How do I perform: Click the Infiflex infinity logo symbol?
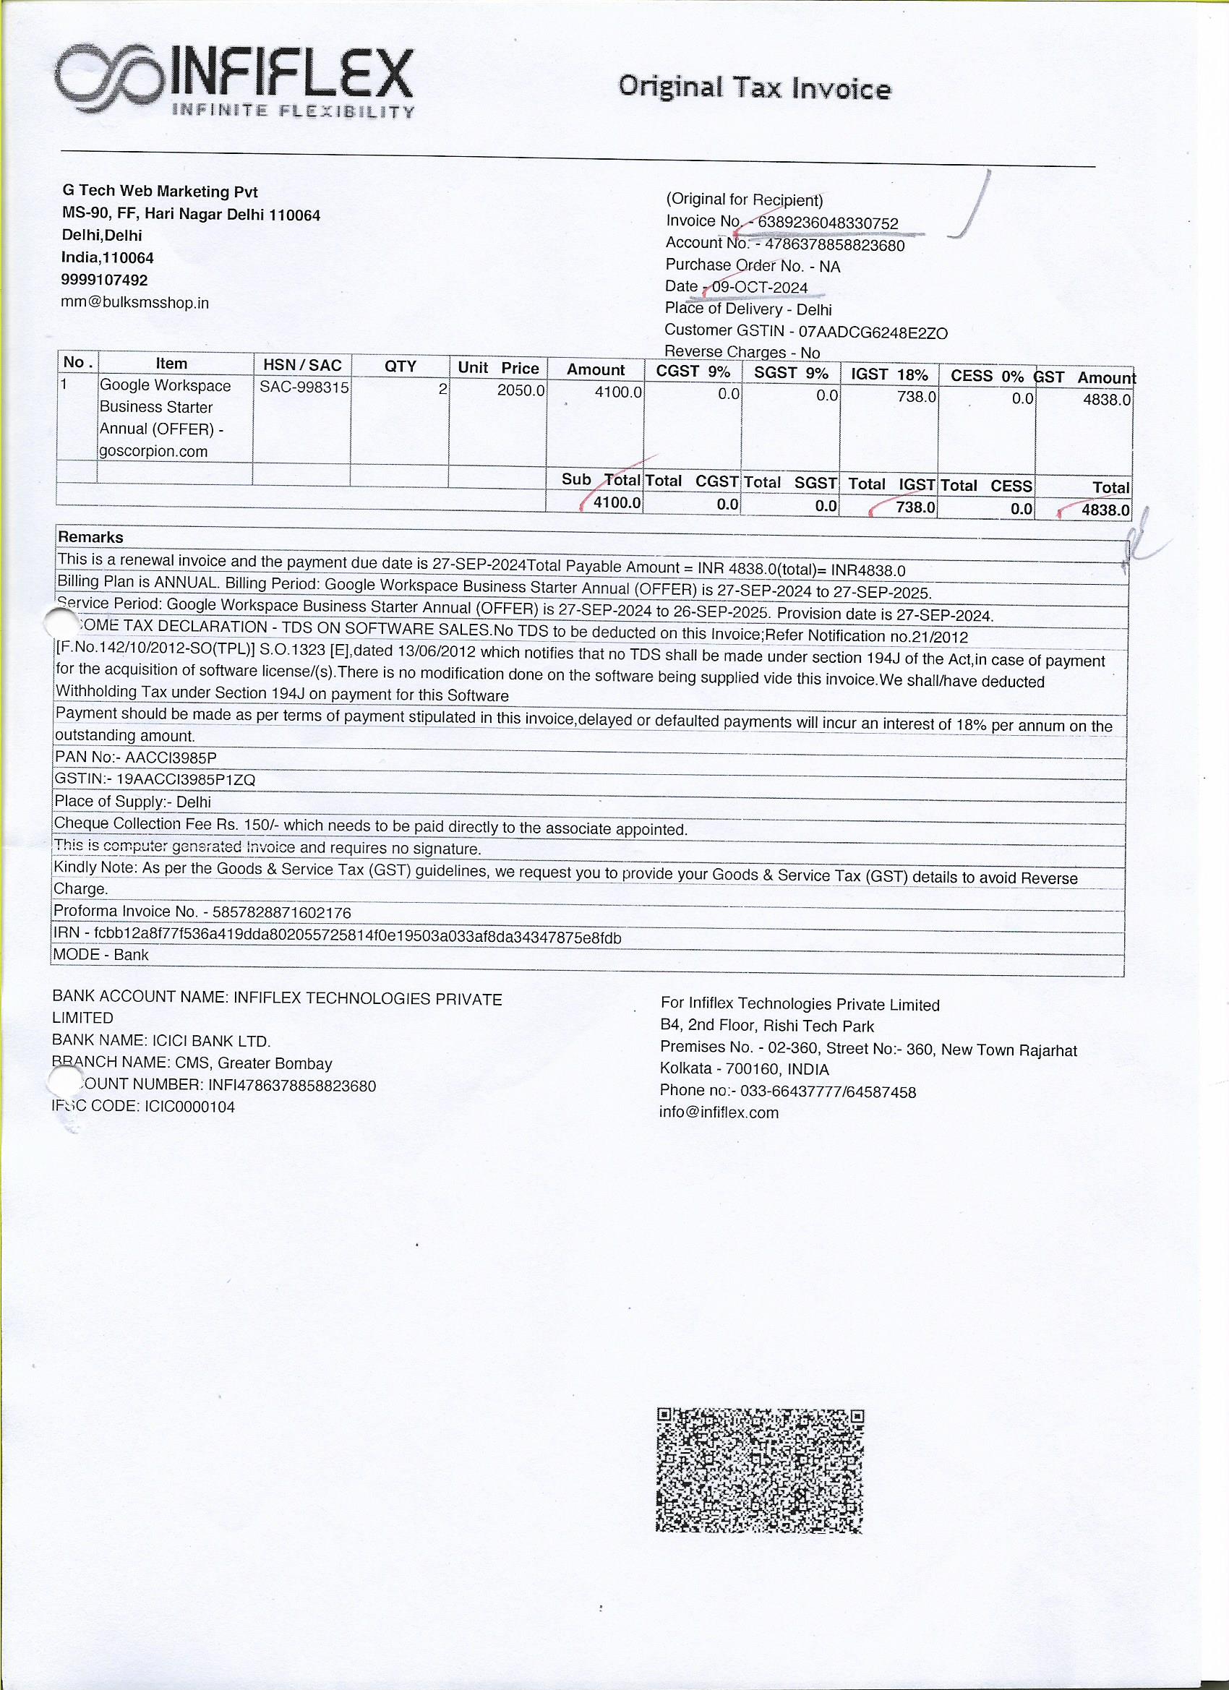[111, 77]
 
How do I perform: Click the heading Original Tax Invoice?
[753, 88]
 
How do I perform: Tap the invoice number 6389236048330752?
[827, 223]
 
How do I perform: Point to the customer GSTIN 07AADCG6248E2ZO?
[872, 333]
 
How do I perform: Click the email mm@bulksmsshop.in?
[135, 303]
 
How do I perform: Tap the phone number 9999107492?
[104, 280]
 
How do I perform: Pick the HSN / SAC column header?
[302, 365]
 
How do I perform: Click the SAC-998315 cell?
[304, 387]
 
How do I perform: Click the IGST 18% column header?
[888, 374]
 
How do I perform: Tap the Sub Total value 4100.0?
[616, 503]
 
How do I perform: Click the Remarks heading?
[90, 537]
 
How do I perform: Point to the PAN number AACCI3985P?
[171, 757]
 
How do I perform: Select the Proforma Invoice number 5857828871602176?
[281, 912]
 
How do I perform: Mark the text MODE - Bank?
[100, 955]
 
